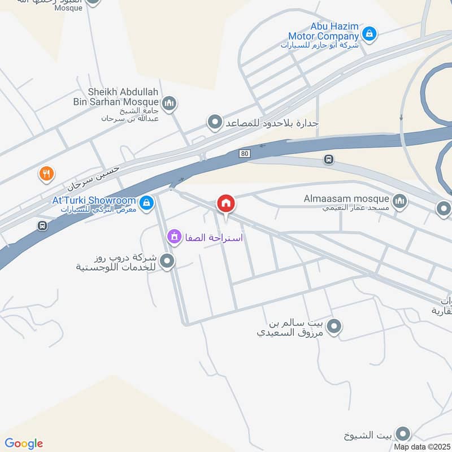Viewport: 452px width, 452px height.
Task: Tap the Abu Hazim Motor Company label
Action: (x=335, y=31)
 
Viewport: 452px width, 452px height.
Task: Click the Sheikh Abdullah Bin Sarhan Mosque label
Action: (x=123, y=97)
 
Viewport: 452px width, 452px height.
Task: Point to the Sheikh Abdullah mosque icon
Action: (x=169, y=103)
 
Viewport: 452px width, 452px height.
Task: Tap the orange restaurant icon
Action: (x=46, y=173)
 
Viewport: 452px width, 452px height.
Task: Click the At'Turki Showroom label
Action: (x=94, y=201)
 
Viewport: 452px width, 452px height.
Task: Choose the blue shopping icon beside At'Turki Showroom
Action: (x=146, y=202)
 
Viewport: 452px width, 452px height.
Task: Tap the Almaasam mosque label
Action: (x=346, y=199)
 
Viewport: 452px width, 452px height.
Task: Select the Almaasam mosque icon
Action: (x=400, y=202)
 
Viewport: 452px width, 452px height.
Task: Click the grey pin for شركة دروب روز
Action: (x=167, y=261)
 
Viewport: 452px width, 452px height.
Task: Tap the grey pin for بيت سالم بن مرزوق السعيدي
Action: (x=334, y=326)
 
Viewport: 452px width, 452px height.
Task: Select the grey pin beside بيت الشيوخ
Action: (x=402, y=433)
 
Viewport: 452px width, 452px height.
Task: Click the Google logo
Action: (x=24, y=444)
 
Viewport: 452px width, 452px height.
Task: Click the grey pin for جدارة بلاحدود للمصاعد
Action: (x=214, y=121)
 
